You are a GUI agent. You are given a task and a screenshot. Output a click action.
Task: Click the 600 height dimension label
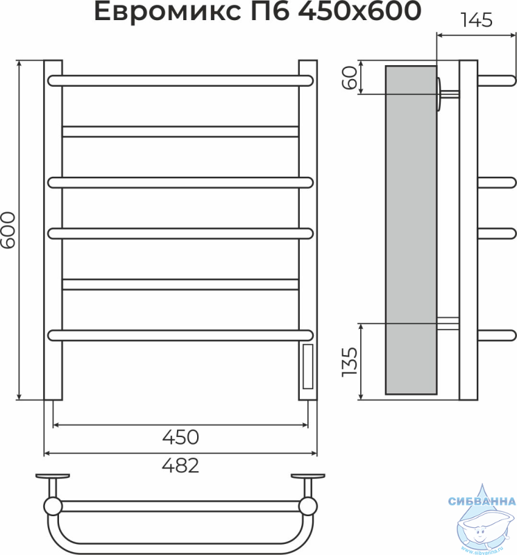pyautogui.click(x=8, y=230)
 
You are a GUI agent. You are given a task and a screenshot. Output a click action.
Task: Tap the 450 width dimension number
pyautogui.click(x=180, y=437)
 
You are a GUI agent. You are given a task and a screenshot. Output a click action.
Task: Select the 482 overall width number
pyautogui.click(x=180, y=466)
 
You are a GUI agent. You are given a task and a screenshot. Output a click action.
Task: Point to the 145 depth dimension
pyautogui.click(x=476, y=20)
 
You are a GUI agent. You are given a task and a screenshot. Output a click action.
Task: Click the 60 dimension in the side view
pyautogui.click(x=350, y=78)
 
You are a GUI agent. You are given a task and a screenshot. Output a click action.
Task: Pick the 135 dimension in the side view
pyautogui.click(x=350, y=362)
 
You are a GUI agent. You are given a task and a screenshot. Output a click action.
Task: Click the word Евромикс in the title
pyautogui.click(x=166, y=11)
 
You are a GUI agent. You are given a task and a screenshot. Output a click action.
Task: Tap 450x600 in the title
pyautogui.click(x=359, y=11)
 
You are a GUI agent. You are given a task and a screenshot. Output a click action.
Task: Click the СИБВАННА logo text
pyautogui.click(x=482, y=501)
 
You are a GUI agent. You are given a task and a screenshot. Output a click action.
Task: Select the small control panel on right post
pyautogui.click(x=307, y=366)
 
